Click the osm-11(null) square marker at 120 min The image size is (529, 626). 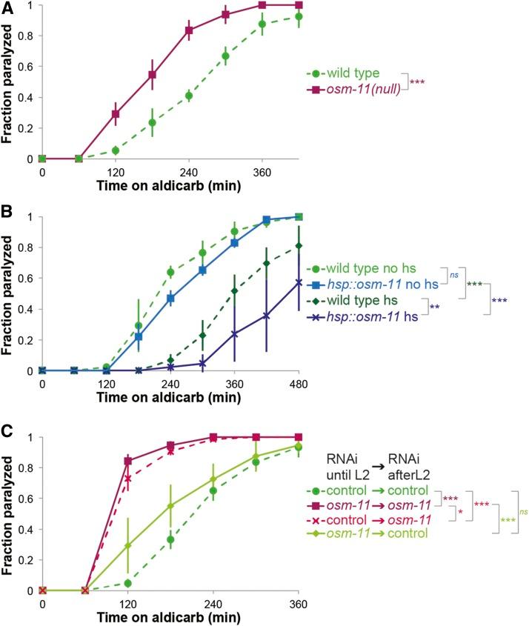pyautogui.click(x=115, y=114)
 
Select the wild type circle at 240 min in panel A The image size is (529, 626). pyautogui.click(x=189, y=96)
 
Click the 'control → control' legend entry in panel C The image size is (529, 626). pyautogui.click(x=368, y=490)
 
